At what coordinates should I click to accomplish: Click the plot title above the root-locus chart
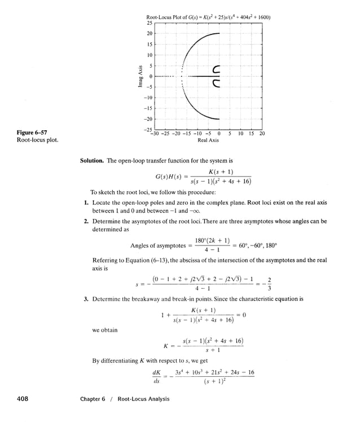coord(208,17)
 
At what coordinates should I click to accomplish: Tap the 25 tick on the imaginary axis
coord(149,23)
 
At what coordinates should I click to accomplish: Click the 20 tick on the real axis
coord(262,134)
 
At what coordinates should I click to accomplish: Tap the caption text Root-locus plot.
coord(38,140)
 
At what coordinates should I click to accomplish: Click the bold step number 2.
coord(86,222)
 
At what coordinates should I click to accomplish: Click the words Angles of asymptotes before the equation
coord(157,245)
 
